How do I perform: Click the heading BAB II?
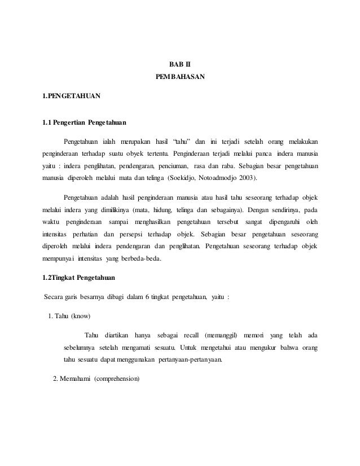(179, 66)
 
